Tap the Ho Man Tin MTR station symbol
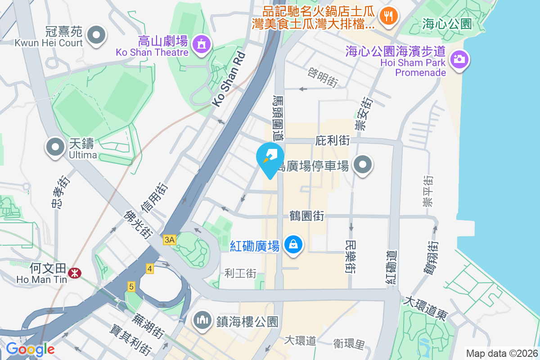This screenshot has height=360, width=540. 73,273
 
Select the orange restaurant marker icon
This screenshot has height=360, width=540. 387,17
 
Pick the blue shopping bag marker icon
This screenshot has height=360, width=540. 293,244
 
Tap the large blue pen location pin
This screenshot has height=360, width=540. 270,158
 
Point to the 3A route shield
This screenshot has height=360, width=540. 169,240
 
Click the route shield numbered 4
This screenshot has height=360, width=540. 150,269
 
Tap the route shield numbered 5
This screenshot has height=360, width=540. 131,286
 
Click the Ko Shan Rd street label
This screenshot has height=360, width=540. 229,78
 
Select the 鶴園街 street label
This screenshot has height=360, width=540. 307,216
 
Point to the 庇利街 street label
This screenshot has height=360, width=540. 333,140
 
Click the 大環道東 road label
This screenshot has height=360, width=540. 426,308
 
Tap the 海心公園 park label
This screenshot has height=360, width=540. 446,24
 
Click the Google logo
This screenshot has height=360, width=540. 30,349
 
